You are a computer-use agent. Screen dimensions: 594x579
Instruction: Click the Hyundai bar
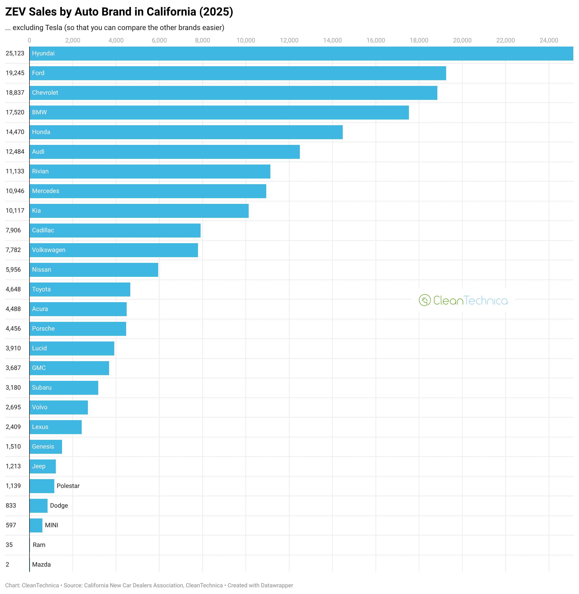tap(301, 54)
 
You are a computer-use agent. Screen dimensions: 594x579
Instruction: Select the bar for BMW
tap(219, 113)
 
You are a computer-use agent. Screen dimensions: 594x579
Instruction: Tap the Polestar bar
tap(42, 486)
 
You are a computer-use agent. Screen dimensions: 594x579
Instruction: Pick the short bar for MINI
tap(36, 525)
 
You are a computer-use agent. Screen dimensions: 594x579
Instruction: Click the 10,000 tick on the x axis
tap(246, 40)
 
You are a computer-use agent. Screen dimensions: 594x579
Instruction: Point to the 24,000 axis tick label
tap(548, 40)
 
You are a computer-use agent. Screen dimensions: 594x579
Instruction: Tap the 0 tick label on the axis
tap(29, 40)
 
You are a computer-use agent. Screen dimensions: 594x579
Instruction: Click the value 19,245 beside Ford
tap(15, 73)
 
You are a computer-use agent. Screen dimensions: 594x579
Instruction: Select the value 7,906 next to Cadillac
tap(13, 230)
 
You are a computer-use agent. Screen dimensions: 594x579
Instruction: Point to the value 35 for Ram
tap(9, 545)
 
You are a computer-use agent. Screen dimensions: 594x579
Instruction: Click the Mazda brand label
tap(41, 565)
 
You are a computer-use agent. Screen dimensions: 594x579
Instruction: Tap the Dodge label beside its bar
tap(59, 506)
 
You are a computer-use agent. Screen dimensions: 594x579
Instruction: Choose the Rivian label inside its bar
tap(40, 171)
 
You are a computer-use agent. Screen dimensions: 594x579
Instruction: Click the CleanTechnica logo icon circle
tap(424, 300)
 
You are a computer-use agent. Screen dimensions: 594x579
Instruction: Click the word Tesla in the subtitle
tap(54, 28)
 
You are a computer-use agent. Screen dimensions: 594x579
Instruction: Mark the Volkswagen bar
tap(114, 250)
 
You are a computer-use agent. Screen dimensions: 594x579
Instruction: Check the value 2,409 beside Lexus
tap(13, 427)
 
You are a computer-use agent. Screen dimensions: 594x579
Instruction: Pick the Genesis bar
tap(45, 447)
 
